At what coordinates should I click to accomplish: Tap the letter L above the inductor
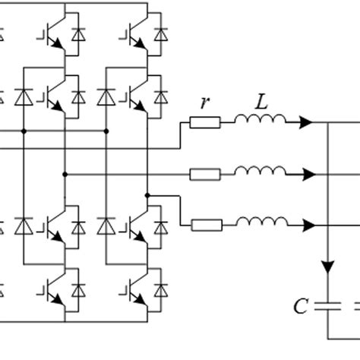[260, 103]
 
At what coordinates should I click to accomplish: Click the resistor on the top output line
[205, 122]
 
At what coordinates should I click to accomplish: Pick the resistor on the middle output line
[205, 175]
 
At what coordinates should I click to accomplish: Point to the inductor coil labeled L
[260, 120]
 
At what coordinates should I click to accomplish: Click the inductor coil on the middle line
[260, 172]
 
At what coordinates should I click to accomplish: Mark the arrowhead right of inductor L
[308, 122]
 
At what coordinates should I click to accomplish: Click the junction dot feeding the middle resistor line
[65, 175]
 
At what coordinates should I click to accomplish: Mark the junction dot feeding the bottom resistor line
[147, 194]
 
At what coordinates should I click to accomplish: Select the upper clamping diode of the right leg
[105, 98]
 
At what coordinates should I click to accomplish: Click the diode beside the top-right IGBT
[160, 34]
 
